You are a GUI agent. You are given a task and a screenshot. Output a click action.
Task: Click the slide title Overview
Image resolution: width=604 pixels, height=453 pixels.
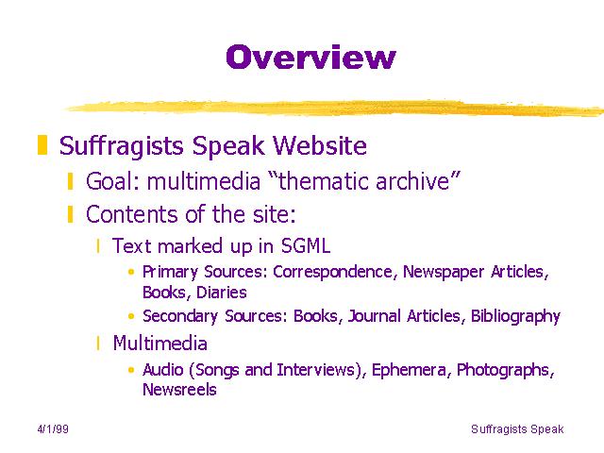tap(310, 57)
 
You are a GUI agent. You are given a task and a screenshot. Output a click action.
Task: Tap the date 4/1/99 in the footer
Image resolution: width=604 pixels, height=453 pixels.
tap(53, 429)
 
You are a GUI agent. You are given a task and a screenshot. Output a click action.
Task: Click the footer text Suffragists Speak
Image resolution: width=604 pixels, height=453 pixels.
tap(517, 429)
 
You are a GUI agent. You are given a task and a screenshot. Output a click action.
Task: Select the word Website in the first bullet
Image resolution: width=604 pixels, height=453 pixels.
tap(320, 145)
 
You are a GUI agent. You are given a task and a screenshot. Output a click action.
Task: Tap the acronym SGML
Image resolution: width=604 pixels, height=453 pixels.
tap(306, 245)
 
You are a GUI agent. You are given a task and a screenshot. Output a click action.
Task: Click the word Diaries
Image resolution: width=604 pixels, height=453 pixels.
tap(222, 293)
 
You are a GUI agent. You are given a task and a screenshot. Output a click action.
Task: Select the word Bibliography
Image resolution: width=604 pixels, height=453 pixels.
tap(515, 317)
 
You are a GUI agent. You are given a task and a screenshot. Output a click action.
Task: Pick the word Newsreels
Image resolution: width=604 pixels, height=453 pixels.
tap(179, 390)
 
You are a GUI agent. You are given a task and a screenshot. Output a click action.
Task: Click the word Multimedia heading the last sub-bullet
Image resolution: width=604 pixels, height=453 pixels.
tap(159, 343)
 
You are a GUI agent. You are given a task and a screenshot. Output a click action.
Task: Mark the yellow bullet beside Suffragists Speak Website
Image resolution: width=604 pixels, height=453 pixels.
tap(42, 144)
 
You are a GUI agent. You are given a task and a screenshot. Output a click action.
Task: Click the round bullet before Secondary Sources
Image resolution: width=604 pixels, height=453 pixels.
tap(131, 316)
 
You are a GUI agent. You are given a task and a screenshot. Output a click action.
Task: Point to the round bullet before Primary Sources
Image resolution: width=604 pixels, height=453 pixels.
tap(131, 272)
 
